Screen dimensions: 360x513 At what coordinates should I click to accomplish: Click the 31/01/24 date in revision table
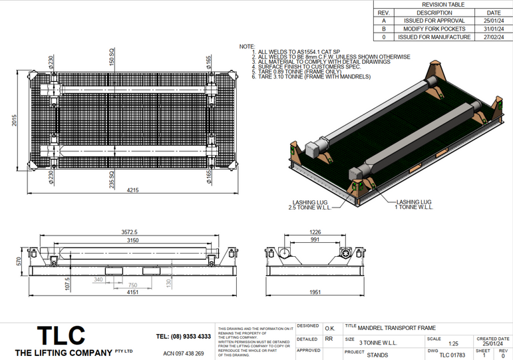point(493,29)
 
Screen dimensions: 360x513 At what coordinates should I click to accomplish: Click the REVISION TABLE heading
point(443,4)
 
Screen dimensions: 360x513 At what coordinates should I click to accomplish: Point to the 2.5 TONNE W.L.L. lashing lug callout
point(290,204)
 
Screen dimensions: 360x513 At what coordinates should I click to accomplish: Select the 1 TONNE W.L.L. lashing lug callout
point(414,204)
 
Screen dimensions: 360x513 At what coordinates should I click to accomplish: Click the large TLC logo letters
point(61,335)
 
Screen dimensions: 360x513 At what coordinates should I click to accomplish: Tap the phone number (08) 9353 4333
point(184,336)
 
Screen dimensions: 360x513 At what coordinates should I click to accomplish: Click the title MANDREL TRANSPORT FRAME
point(397,328)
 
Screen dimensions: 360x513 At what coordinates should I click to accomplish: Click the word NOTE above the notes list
point(247,47)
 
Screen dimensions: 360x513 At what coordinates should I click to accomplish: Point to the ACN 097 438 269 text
point(184,353)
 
